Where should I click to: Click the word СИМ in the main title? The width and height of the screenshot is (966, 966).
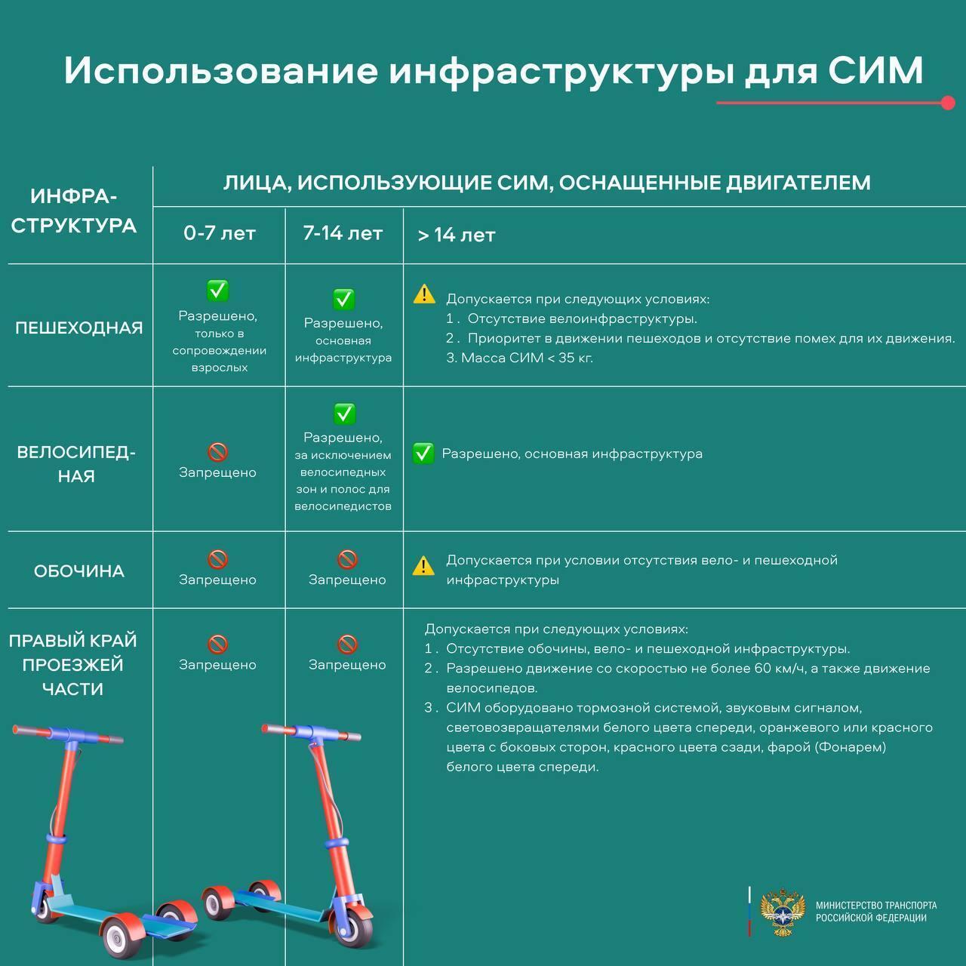875,70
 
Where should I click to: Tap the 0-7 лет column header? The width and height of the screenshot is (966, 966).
219,234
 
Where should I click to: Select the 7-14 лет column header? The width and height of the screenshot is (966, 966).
343,233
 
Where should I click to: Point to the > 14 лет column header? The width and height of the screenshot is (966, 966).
457,235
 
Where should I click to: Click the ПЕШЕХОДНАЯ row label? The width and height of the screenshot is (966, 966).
79,328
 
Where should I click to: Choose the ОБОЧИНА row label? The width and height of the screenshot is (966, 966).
79,571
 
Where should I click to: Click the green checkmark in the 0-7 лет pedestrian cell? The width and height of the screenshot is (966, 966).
218,290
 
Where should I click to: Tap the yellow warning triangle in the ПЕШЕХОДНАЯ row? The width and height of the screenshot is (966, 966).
424,294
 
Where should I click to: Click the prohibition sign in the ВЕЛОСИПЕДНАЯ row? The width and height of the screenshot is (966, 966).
217,452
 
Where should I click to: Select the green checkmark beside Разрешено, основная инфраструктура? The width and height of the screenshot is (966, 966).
423,454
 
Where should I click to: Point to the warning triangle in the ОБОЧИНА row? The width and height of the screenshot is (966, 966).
423,565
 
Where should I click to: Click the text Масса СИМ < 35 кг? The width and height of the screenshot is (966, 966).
527,358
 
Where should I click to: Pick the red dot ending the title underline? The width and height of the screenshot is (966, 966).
949,103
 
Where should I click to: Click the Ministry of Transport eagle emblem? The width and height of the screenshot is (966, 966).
783,912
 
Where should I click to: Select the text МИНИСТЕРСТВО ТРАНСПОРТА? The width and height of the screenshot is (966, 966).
876,906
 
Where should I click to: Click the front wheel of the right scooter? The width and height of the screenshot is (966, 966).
355,919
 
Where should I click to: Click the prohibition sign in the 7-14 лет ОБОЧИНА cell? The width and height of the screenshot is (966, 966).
347,559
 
